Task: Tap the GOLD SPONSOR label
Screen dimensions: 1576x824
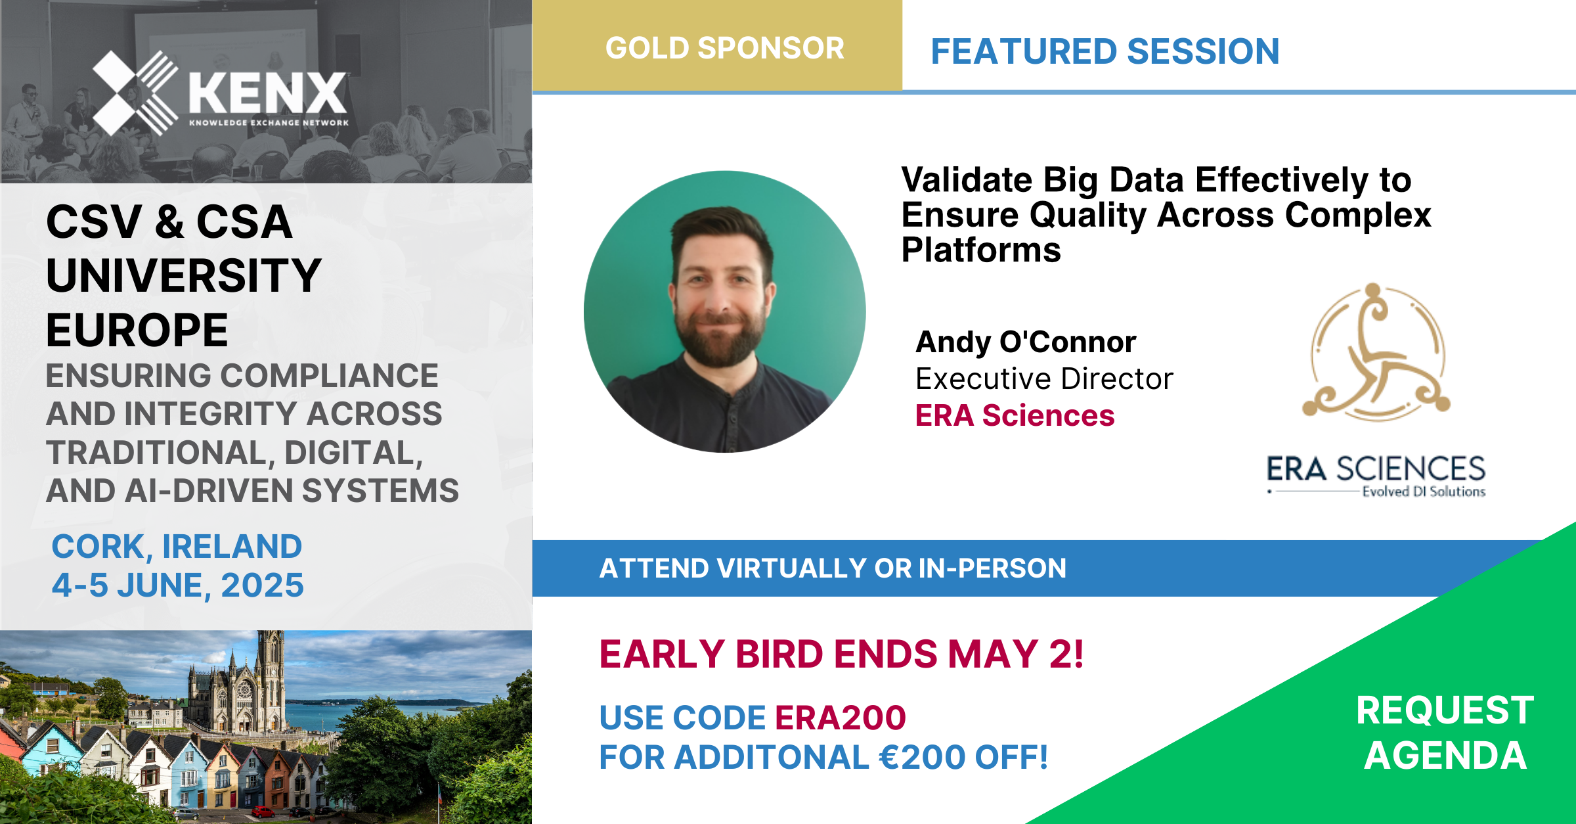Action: (x=725, y=48)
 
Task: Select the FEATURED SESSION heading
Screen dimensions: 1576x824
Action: (x=1105, y=51)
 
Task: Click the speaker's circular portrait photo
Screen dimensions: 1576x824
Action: (x=724, y=311)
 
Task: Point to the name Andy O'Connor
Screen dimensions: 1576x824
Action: (x=1026, y=342)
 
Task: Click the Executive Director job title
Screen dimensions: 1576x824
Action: (x=1044, y=379)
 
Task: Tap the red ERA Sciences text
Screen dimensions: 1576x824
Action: (x=1015, y=415)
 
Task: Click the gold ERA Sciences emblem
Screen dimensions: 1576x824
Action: (x=1376, y=352)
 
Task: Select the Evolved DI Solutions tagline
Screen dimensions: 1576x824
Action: (x=1424, y=492)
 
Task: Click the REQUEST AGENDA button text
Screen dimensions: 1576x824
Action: (x=1445, y=733)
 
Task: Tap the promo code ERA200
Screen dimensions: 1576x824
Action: (x=841, y=718)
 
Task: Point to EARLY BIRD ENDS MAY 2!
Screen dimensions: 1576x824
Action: (x=841, y=654)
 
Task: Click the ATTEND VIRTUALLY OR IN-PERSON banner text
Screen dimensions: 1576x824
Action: (x=833, y=568)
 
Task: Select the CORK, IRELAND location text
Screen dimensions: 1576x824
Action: (x=177, y=547)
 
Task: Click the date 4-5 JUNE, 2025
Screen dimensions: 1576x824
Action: (x=178, y=585)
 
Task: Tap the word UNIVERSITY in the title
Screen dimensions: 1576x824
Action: (x=184, y=276)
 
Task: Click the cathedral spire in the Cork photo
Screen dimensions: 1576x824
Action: (x=270, y=657)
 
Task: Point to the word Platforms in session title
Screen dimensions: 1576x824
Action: (x=981, y=250)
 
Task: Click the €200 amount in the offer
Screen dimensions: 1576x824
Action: (x=923, y=757)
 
